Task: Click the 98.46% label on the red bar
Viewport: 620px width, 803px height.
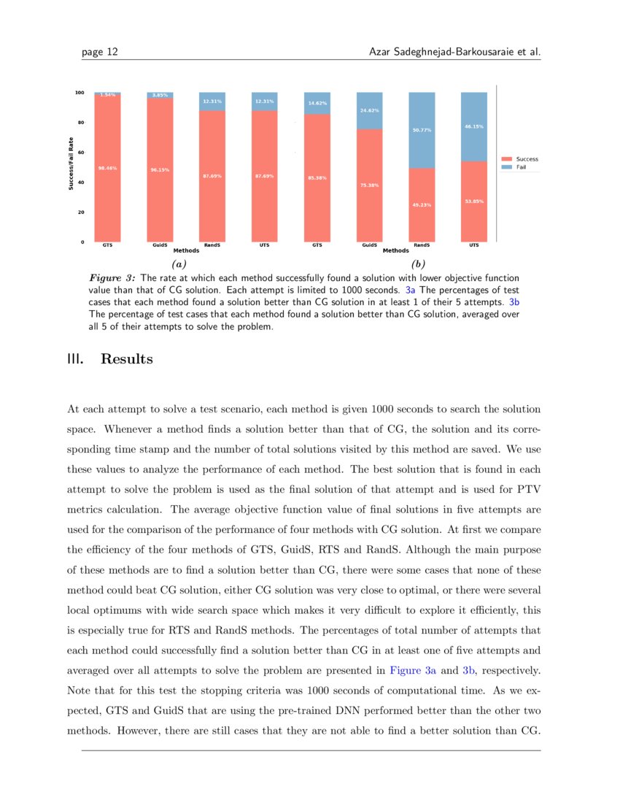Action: coord(107,168)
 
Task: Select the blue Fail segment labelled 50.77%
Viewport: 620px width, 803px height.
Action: coord(422,130)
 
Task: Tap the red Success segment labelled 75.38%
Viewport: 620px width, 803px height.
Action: coord(369,185)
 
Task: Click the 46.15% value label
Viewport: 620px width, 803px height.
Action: coord(474,127)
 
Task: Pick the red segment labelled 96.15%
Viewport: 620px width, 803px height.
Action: coord(160,170)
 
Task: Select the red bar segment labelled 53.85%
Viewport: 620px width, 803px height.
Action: coord(474,201)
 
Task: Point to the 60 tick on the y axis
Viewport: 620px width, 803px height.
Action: coord(80,153)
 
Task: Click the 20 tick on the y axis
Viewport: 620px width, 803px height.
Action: coord(80,212)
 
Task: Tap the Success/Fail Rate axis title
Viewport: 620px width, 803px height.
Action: coord(71,164)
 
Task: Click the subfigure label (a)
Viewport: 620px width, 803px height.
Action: coord(179,264)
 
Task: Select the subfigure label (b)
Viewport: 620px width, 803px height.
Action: coord(418,264)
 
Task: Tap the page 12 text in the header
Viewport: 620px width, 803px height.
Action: coord(100,52)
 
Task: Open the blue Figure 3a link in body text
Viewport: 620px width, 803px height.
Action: coord(413,669)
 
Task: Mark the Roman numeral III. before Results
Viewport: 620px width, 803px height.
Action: coord(75,359)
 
